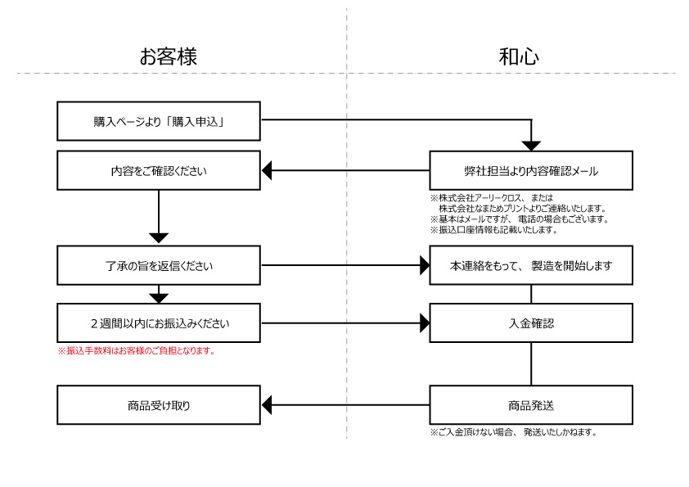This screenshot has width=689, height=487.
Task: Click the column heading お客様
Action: (x=168, y=56)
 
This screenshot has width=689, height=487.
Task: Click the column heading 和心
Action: (x=519, y=56)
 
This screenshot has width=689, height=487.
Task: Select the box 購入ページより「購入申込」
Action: (x=159, y=121)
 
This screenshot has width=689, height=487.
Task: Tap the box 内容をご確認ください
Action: (x=159, y=171)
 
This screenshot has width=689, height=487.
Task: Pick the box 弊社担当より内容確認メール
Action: (x=531, y=171)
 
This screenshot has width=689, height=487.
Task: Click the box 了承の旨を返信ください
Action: (x=159, y=265)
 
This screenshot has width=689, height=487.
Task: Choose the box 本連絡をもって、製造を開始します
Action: (x=531, y=265)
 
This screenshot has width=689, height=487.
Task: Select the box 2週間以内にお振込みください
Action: (x=159, y=322)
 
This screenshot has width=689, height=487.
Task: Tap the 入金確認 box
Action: (x=531, y=322)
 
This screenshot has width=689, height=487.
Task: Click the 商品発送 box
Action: (x=531, y=404)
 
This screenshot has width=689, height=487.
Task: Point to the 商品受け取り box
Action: (x=159, y=404)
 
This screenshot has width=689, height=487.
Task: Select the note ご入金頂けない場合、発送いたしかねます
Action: (x=513, y=432)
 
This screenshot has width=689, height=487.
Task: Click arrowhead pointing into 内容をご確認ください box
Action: (x=267, y=171)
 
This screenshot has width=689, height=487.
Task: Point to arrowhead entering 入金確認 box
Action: (x=424, y=322)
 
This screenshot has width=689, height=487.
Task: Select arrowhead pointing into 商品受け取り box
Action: (x=267, y=404)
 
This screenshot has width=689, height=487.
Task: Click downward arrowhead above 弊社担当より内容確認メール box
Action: (x=531, y=146)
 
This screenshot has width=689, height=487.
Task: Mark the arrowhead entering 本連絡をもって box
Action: (x=424, y=265)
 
